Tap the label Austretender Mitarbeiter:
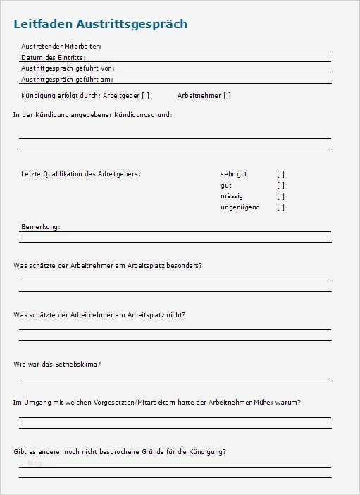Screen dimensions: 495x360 [61, 46]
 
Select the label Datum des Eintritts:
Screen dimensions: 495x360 [54, 57]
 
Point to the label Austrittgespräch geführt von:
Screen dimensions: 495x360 [68, 68]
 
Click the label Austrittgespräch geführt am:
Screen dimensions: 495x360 [67, 80]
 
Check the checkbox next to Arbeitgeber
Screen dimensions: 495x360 [145, 95]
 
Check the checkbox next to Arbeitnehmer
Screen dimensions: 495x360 [227, 95]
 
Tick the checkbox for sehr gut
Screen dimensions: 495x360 [280, 173]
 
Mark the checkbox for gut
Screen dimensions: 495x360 [280, 185]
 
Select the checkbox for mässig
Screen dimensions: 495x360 [280, 196]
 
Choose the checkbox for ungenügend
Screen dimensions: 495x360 [280, 207]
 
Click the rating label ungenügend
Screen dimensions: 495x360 [240, 207]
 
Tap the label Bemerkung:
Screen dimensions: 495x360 [41, 227]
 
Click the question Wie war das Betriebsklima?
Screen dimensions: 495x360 [56, 365]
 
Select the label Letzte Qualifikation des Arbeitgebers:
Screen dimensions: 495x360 [81, 173]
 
